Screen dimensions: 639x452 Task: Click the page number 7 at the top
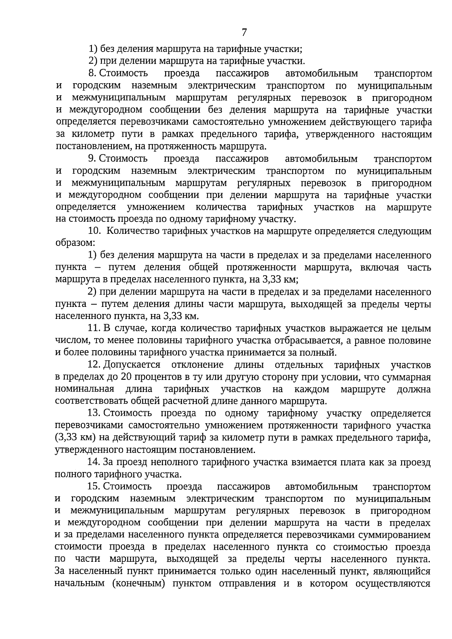244,33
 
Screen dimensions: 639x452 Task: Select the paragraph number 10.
94,231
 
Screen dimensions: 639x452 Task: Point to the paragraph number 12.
94,365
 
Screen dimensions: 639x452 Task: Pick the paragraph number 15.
94,487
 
